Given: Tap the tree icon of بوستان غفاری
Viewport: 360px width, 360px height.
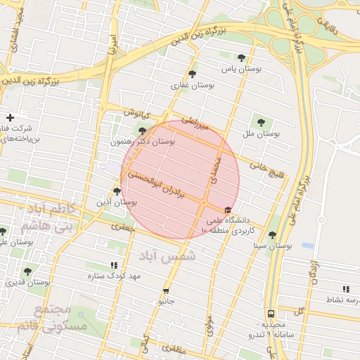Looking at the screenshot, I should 193,73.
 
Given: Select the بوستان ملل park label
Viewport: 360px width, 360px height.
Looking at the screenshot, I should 262,133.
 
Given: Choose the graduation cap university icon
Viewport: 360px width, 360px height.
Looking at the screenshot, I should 228,210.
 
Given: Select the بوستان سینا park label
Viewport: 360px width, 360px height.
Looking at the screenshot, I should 272,246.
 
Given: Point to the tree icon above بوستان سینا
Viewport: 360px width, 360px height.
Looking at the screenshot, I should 272,235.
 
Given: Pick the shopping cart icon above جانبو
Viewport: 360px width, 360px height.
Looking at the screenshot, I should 166,290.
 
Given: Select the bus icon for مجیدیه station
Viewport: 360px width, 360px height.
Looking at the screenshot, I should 271,314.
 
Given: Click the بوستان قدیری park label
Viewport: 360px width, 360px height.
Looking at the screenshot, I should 28,282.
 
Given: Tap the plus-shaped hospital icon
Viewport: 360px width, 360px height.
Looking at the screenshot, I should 10,118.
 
